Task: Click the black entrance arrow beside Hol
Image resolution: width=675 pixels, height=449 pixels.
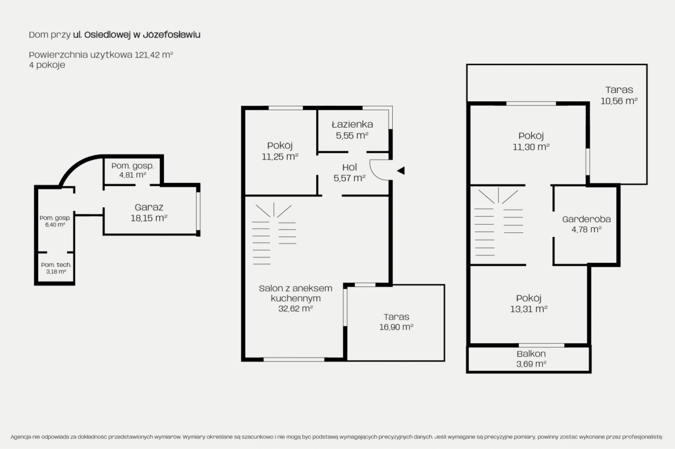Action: pyautogui.click(x=401, y=171)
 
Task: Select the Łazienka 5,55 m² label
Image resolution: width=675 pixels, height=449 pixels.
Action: pyautogui.click(x=352, y=129)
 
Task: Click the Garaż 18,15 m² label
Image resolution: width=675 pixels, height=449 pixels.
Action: pyautogui.click(x=149, y=213)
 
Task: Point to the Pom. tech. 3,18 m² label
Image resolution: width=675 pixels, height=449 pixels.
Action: pyautogui.click(x=56, y=268)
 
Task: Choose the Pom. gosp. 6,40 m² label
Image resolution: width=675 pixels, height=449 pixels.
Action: pyautogui.click(x=55, y=221)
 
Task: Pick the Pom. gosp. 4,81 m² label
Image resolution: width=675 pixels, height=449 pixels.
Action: pyautogui.click(x=133, y=170)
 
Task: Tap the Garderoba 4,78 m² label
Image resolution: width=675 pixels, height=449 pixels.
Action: pyautogui.click(x=586, y=224)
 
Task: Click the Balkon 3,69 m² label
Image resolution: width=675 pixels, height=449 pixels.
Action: pyautogui.click(x=531, y=358)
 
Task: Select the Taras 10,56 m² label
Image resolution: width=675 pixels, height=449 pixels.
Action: pyautogui.click(x=619, y=95)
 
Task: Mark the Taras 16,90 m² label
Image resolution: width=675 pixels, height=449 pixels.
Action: pyautogui.click(x=396, y=322)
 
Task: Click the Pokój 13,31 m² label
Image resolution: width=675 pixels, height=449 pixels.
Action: pyautogui.click(x=529, y=304)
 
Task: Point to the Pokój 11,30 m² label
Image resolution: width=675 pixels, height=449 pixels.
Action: pyautogui.click(x=531, y=141)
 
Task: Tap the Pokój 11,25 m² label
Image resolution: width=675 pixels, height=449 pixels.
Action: pyautogui.click(x=280, y=151)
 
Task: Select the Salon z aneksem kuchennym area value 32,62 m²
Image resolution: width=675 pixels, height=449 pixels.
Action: pyautogui.click(x=296, y=308)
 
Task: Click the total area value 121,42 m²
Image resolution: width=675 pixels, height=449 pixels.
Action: pyautogui.click(x=154, y=55)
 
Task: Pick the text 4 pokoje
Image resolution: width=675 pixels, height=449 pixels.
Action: pyautogui.click(x=47, y=65)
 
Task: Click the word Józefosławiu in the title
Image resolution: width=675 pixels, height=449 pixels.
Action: pyautogui.click(x=172, y=35)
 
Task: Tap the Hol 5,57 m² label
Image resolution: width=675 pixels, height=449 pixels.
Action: pyautogui.click(x=350, y=173)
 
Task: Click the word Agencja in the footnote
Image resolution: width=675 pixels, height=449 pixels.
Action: pyautogui.click(x=21, y=437)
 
